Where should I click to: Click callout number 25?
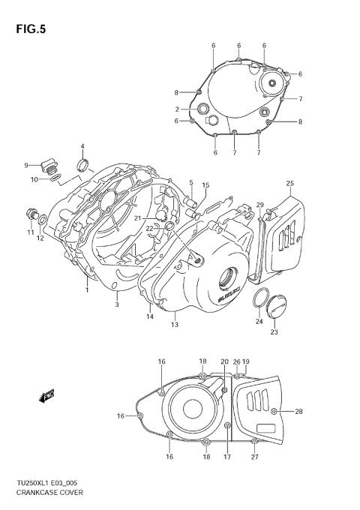pos(289,184)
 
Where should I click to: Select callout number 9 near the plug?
pos(25,165)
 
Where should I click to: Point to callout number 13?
pos(174,325)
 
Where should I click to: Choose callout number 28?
pos(298,411)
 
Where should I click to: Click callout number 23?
pos(274,332)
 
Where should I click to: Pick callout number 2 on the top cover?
pos(177,109)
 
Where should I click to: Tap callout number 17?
pos(226,457)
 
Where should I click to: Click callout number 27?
pos(255,457)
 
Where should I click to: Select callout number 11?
pos(31,232)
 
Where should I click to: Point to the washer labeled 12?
pos(44,220)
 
